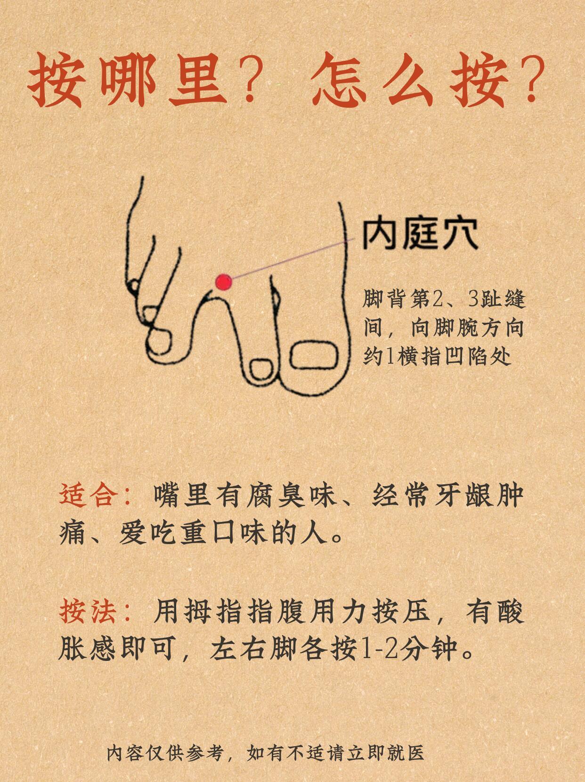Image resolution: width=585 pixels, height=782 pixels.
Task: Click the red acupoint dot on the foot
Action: tap(224, 282)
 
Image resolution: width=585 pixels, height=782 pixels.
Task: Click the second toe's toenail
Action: tap(262, 369)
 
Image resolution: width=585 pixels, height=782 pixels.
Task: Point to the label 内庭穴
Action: tap(420, 235)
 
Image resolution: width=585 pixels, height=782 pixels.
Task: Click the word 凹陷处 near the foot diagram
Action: tap(478, 356)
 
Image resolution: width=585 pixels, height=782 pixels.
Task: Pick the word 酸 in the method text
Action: tap(510, 611)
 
